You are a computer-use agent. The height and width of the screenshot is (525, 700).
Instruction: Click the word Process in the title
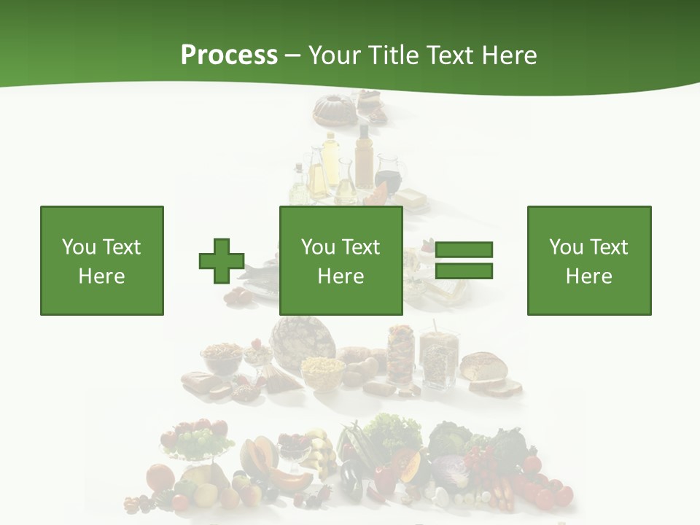pyautogui.click(x=229, y=55)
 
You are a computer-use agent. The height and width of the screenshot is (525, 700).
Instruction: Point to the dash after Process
pyautogui.click(x=293, y=56)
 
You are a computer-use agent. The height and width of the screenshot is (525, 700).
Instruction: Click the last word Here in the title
pyautogui.click(x=509, y=55)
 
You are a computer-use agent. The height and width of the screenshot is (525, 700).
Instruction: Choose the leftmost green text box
pyautogui.click(x=102, y=260)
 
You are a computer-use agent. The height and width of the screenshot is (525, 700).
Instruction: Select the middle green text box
pyautogui.click(x=341, y=260)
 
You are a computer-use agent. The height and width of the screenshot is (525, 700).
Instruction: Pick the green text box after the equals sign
pyautogui.click(x=588, y=260)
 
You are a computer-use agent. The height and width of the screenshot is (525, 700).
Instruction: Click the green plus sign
pyautogui.click(x=222, y=261)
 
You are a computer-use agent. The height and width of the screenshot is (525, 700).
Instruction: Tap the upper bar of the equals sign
pyautogui.click(x=464, y=250)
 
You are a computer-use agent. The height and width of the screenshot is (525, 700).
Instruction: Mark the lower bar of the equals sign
pyautogui.click(x=464, y=271)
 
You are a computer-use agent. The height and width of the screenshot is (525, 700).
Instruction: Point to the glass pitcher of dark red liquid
pyautogui.click(x=387, y=179)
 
